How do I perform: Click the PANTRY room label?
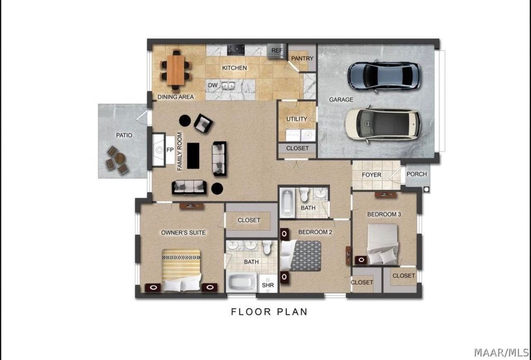click(x=302, y=59)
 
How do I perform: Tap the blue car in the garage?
click(x=384, y=76)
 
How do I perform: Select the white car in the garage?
click(x=382, y=124)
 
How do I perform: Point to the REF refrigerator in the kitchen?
click(x=276, y=51)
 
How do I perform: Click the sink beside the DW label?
click(x=228, y=86)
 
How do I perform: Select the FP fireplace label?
click(x=170, y=150)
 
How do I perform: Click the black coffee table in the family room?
click(x=193, y=156)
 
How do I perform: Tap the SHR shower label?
click(x=268, y=285)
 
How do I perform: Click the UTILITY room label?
click(x=297, y=119)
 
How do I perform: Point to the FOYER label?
click(x=371, y=175)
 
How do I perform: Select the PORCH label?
click(x=417, y=174)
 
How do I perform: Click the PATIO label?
click(x=124, y=135)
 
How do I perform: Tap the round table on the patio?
click(x=120, y=157)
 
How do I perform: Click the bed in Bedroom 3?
click(x=382, y=244)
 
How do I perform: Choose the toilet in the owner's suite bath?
click(x=267, y=247)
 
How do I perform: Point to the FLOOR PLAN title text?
click(x=269, y=312)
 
